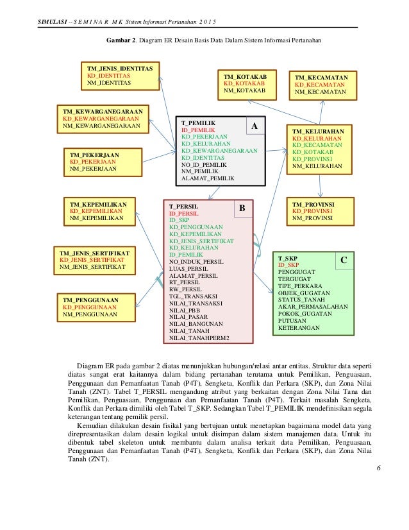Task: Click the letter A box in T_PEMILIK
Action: coord(254,127)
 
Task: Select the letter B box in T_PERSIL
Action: coord(242,209)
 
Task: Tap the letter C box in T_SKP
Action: coord(343,261)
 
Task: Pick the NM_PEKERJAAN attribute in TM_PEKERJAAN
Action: coord(94,169)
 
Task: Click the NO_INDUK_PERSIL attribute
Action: coord(196,262)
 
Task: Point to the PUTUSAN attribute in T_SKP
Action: coord(292,320)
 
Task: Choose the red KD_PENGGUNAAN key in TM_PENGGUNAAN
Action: coord(90,307)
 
